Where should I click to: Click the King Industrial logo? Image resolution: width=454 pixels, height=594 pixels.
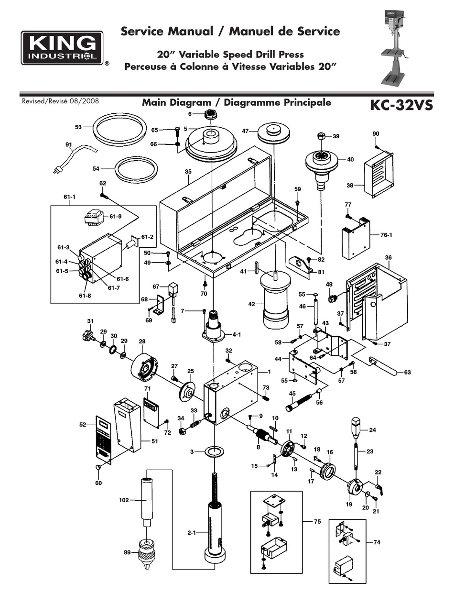(x=62, y=48)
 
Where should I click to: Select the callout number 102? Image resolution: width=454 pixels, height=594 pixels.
(x=124, y=500)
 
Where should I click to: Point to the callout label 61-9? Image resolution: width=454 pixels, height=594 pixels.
(x=116, y=217)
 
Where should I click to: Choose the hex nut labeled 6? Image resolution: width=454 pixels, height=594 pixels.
(x=210, y=115)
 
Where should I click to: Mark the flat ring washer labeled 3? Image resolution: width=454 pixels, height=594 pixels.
(x=214, y=451)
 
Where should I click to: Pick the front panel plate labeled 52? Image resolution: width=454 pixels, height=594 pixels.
(x=104, y=438)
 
